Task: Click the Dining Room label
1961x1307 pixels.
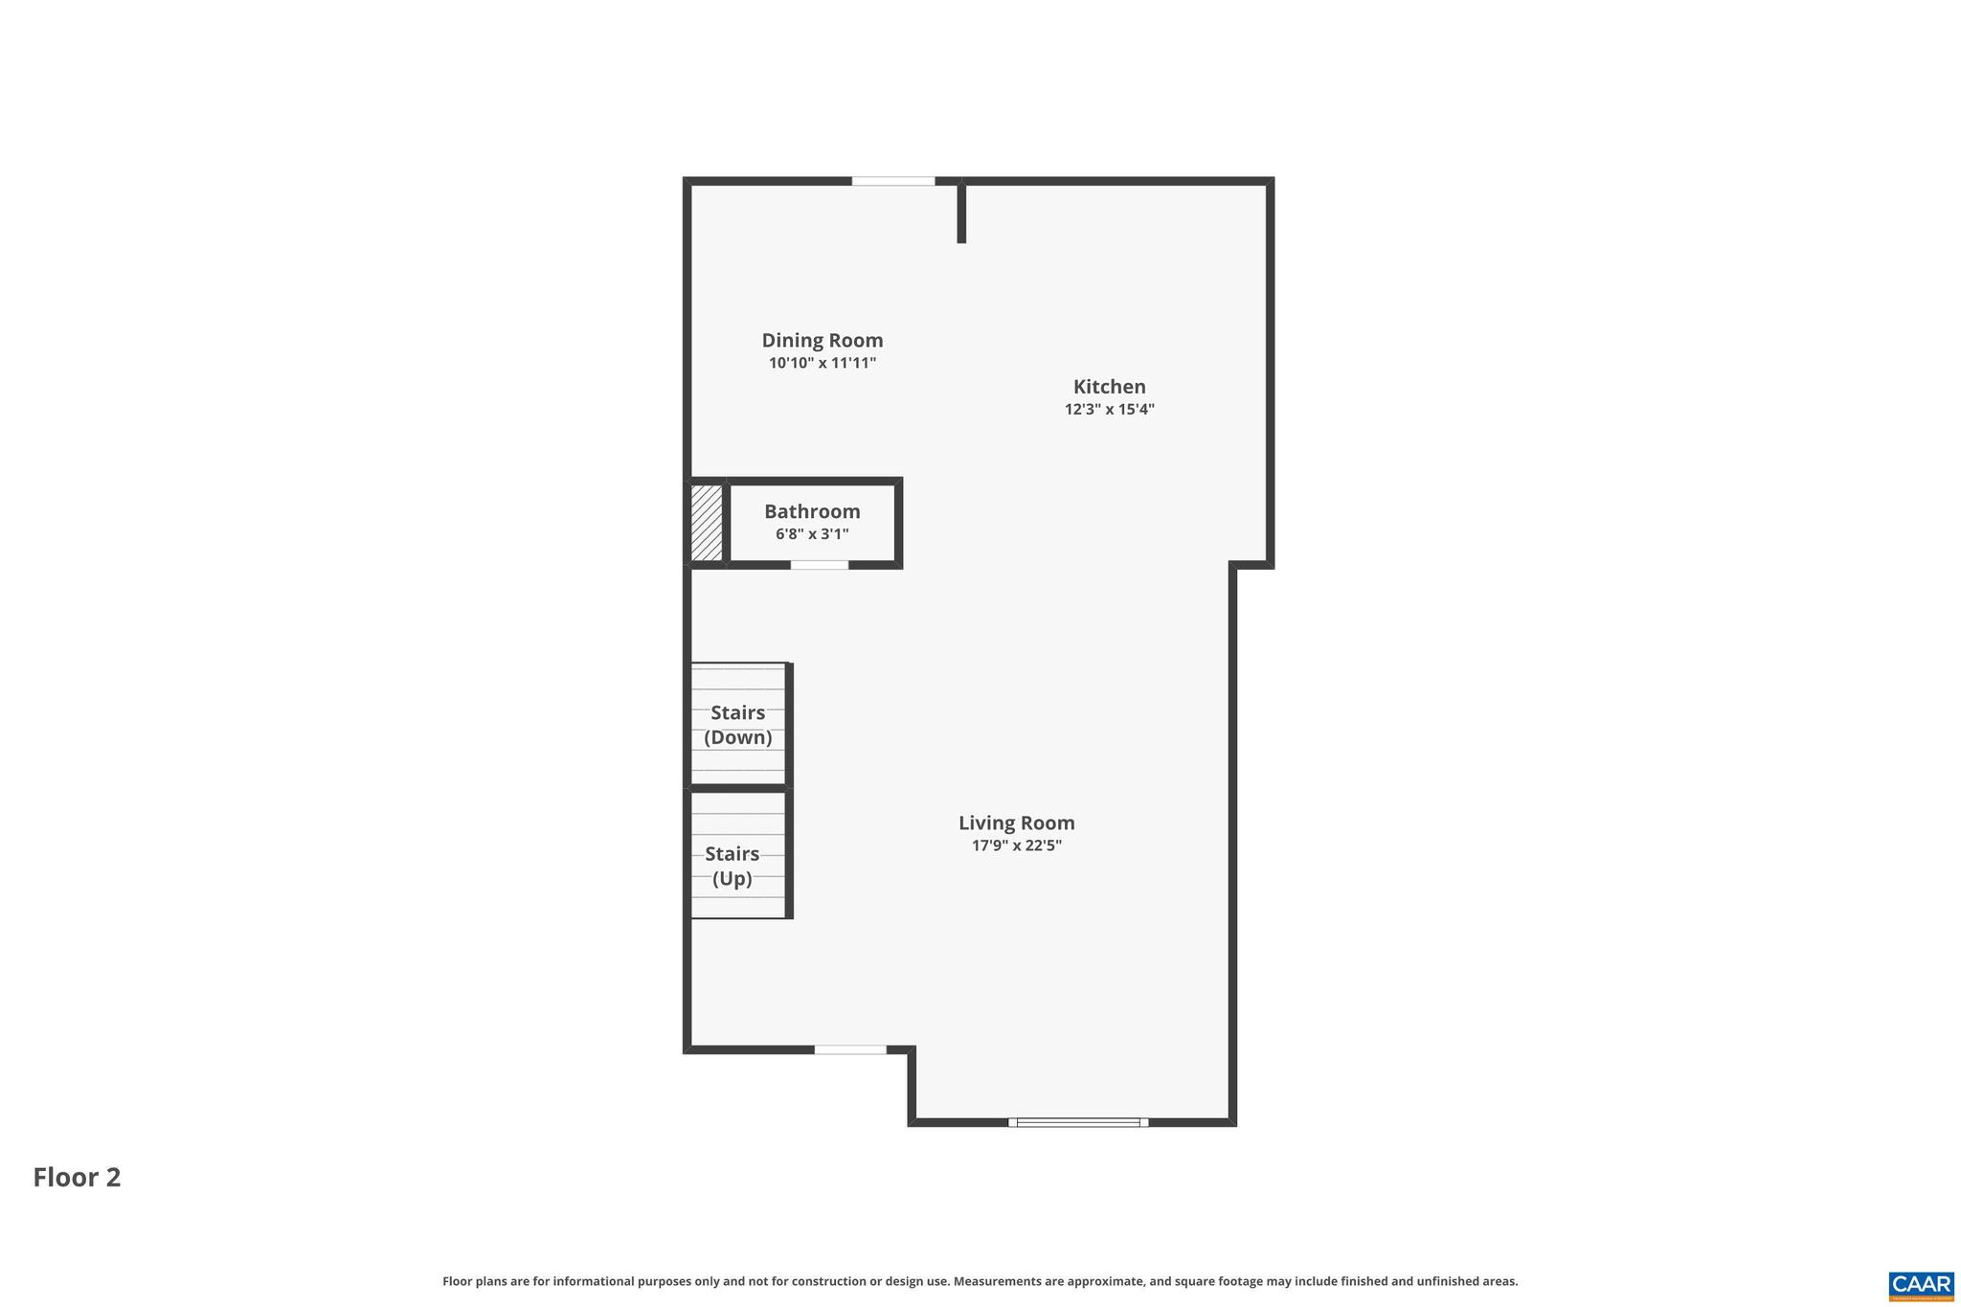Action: [x=822, y=340]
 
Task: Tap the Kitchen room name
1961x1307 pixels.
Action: [x=1109, y=387]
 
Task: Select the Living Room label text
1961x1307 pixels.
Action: [x=1016, y=823]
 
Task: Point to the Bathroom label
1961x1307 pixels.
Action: [x=812, y=511]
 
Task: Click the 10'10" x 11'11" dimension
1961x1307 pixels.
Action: [x=822, y=363]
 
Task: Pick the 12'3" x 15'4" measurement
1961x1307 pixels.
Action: [x=1109, y=410]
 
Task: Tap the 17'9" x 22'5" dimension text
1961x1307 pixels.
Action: [x=1016, y=845]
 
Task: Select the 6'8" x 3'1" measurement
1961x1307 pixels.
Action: [x=812, y=534]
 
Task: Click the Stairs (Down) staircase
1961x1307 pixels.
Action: [x=738, y=725]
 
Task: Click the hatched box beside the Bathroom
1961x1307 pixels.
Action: [x=707, y=523]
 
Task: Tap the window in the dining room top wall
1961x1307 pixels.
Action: [x=892, y=181]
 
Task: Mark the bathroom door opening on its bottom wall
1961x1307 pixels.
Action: [x=819, y=565]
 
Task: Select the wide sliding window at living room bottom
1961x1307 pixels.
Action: [x=1078, y=1122]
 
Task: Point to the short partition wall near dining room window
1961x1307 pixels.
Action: [x=961, y=213]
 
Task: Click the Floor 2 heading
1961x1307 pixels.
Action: [x=77, y=1177]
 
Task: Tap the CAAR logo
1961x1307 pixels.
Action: [x=1921, y=1285]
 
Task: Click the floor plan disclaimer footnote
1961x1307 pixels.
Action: [x=980, y=1281]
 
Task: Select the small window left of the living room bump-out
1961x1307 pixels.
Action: [x=850, y=1050]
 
